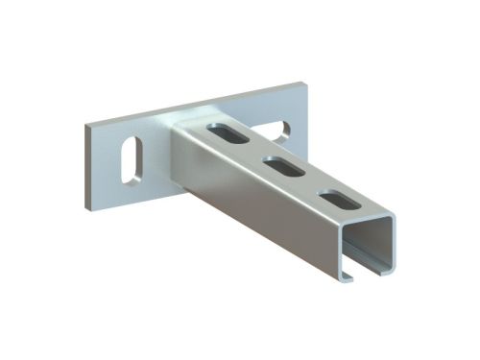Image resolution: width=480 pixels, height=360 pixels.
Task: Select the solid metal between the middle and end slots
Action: [x=309, y=184]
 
